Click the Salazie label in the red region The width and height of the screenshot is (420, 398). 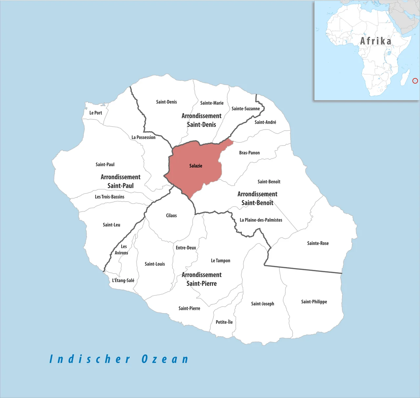[x=196, y=166]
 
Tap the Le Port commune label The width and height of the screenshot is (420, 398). [x=95, y=113]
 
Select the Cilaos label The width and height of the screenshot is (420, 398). [x=171, y=215]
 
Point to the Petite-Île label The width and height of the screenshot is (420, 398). [x=224, y=322]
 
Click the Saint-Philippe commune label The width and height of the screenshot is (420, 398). [x=314, y=302]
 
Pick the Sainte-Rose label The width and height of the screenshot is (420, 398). [x=318, y=243]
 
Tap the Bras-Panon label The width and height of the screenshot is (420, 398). [x=249, y=153]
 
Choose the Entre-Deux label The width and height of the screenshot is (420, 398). [x=186, y=248]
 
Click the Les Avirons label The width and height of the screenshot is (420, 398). [x=122, y=250]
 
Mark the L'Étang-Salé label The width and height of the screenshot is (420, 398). [x=123, y=280]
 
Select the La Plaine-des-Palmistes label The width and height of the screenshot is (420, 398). [x=261, y=220]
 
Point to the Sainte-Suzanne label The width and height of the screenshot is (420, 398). [x=245, y=109]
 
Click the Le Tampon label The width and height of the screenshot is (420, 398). [x=220, y=261]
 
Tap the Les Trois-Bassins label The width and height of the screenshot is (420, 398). [x=110, y=197]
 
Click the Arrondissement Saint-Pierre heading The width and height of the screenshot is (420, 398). [x=201, y=279]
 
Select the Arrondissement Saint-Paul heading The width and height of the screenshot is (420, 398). [x=120, y=181]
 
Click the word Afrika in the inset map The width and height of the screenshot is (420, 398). [x=376, y=41]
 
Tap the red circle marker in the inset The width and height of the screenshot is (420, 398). [x=415, y=81]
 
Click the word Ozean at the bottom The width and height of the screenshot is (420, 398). [x=165, y=359]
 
